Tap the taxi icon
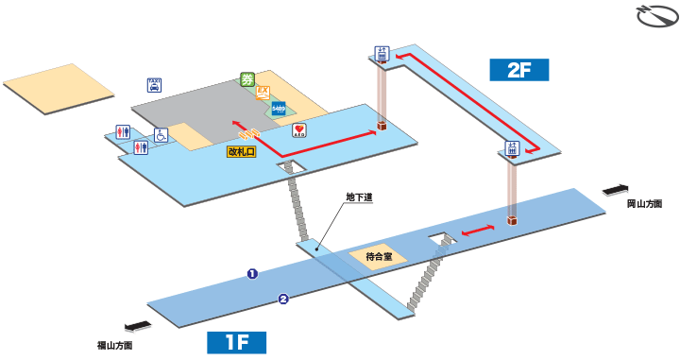[154, 85]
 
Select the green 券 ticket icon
[248, 79]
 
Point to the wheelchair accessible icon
[161, 136]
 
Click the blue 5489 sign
[279, 108]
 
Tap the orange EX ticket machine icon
[263, 93]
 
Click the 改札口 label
[242, 150]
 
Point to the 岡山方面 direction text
[644, 204]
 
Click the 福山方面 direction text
[115, 346]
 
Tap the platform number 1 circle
[252, 274]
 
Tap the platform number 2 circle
[282, 300]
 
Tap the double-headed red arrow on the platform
[479, 231]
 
